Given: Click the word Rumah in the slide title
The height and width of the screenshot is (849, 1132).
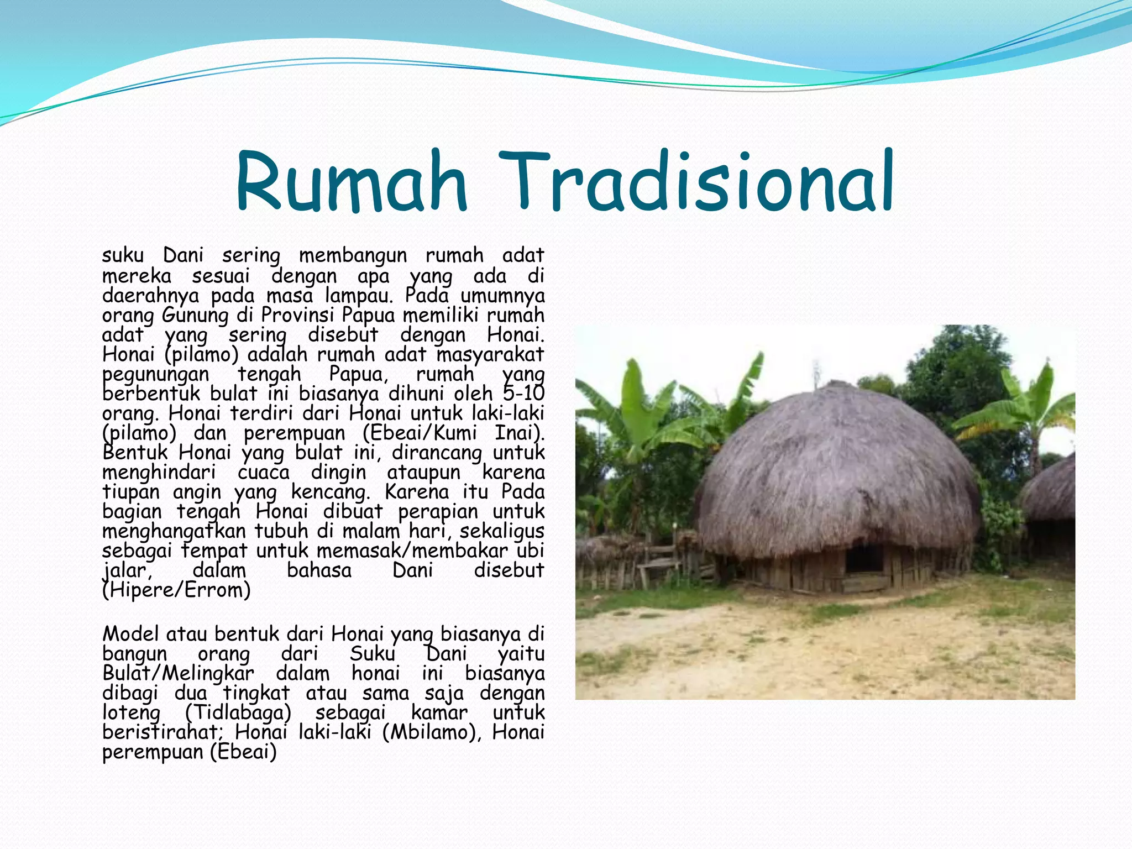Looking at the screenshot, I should pyautogui.click(x=352, y=182).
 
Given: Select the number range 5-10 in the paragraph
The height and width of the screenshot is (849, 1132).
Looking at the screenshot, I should pyautogui.click(x=523, y=394).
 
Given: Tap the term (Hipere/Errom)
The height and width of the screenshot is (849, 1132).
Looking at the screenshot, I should pyautogui.click(x=177, y=590).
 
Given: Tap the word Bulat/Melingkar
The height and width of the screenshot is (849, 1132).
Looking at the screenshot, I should pyautogui.click(x=178, y=674).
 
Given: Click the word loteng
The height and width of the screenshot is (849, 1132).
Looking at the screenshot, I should pyautogui.click(x=132, y=713).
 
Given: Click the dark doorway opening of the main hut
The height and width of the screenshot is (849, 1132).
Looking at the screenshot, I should pyautogui.click(x=864, y=558).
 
